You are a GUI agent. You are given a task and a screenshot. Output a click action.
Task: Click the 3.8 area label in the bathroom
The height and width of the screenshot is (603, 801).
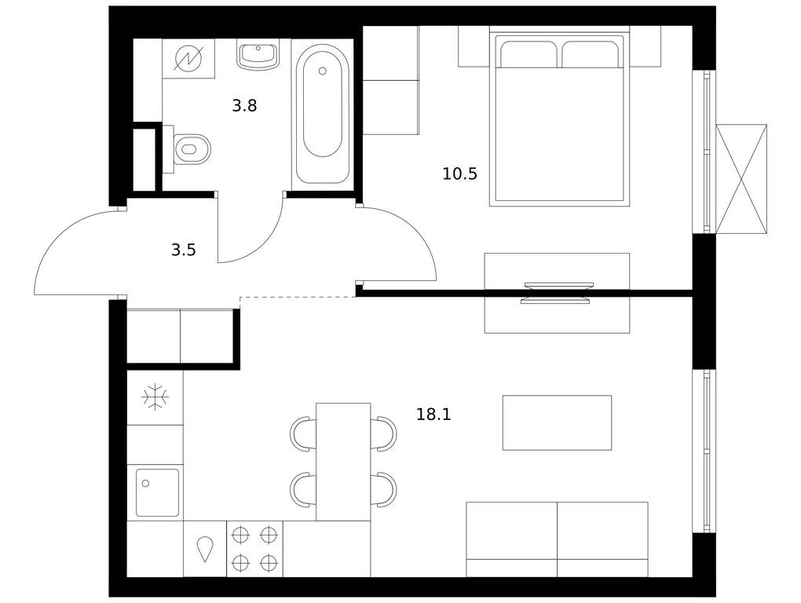[244, 106]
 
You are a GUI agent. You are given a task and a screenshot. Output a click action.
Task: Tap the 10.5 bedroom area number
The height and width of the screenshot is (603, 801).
[459, 174]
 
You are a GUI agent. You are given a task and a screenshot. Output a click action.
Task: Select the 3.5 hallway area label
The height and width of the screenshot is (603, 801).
[184, 250]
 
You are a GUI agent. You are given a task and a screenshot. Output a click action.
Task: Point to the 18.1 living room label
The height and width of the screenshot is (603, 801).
[433, 414]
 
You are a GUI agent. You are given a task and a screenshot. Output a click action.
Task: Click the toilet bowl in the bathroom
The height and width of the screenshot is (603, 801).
[191, 149]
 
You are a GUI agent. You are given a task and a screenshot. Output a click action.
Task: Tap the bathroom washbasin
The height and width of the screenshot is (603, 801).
[258, 55]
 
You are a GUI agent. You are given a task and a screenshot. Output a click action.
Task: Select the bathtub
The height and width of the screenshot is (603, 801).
[322, 115]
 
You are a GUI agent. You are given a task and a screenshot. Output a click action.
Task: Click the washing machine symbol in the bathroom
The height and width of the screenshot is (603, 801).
[188, 58]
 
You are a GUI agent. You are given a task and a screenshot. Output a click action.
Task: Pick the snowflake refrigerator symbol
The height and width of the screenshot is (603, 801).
[155, 397]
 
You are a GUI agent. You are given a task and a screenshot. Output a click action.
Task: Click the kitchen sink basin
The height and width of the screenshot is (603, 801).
[157, 493]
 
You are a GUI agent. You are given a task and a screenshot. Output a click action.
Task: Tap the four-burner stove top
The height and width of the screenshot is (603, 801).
[254, 549]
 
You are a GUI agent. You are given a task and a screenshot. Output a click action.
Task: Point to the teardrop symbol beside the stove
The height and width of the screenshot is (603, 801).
[205, 550]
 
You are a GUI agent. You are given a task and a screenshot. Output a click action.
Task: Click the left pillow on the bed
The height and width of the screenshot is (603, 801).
[529, 54]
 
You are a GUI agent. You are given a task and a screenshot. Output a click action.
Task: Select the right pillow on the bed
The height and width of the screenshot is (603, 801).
[590, 54]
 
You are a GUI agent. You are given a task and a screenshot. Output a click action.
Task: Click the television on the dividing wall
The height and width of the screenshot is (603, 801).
[557, 293]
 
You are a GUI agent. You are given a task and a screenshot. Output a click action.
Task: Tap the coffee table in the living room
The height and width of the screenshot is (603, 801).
[557, 422]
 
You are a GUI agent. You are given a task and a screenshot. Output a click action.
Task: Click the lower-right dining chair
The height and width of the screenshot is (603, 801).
[384, 489]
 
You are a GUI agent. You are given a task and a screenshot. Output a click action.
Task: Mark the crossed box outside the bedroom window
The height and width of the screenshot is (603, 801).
[741, 179]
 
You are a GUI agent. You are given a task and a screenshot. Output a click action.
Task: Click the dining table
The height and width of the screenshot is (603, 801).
[343, 462]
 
